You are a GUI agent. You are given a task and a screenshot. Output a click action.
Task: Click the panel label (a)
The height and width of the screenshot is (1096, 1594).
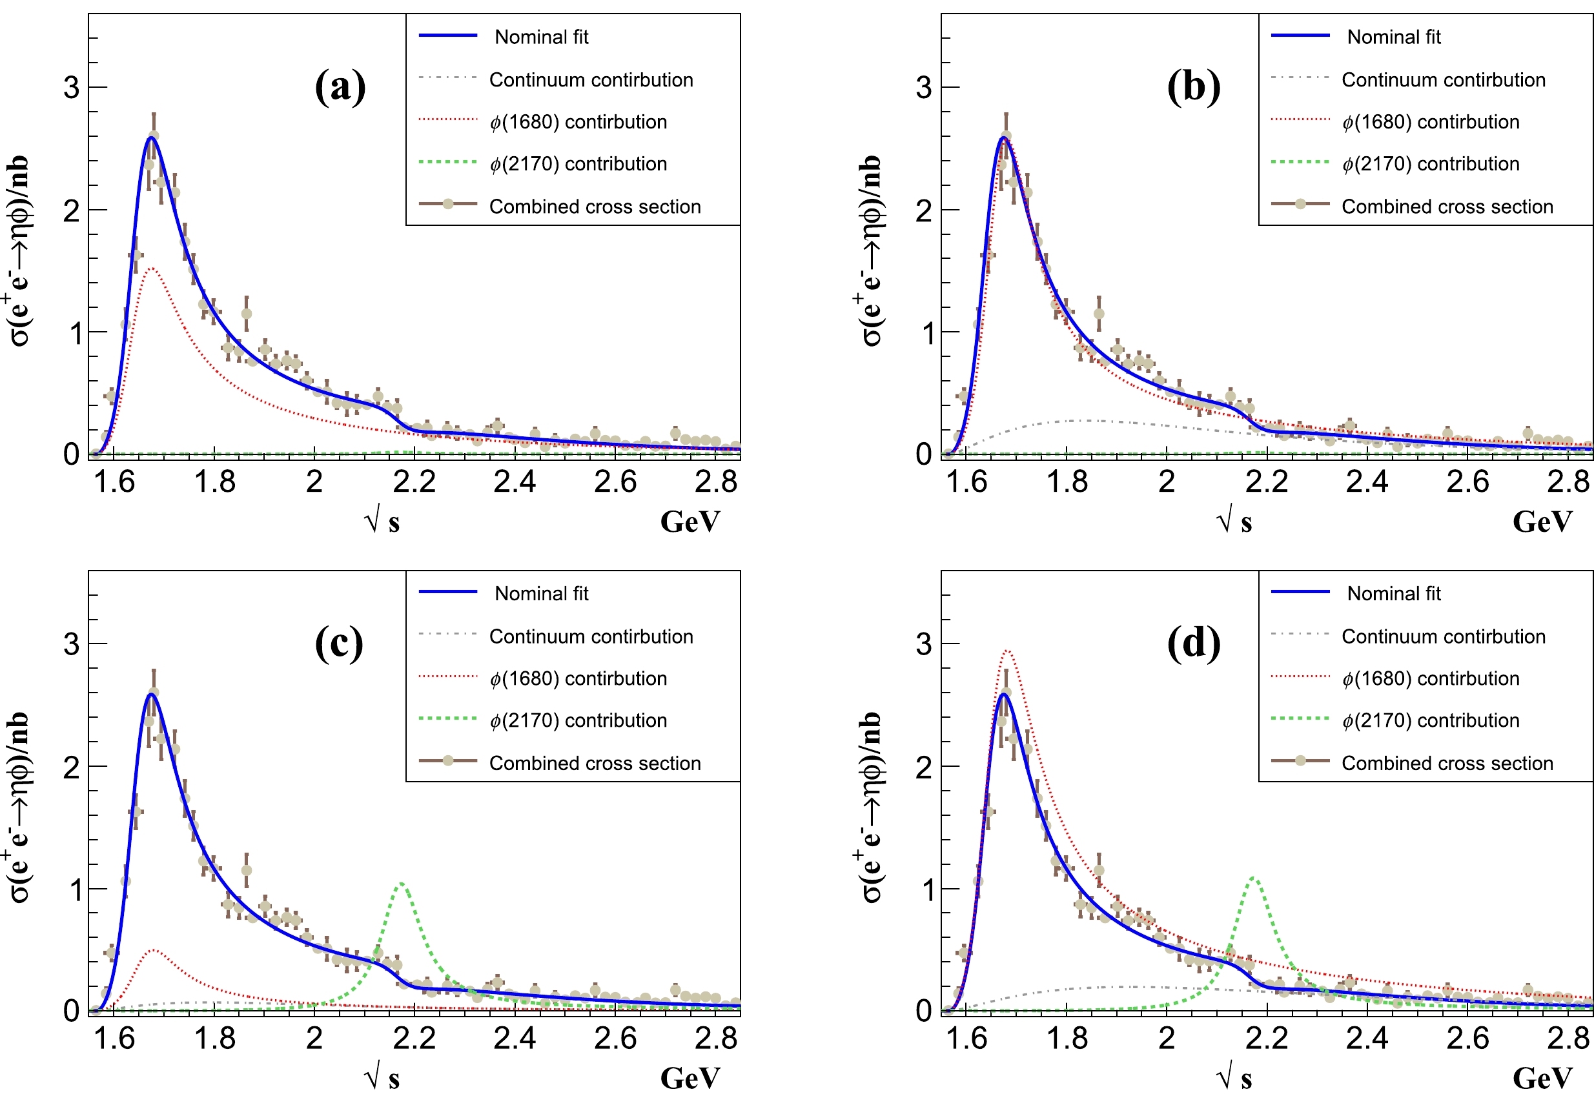pos(340,87)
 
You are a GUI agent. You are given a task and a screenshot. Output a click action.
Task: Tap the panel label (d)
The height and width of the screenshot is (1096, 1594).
pos(1194,644)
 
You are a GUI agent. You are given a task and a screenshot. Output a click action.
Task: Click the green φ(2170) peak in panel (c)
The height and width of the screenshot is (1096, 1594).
pos(400,884)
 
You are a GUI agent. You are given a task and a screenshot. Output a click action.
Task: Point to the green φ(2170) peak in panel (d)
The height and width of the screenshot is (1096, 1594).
pos(1253,878)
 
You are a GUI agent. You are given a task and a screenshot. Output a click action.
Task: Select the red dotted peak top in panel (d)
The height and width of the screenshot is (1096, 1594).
pos(1006,651)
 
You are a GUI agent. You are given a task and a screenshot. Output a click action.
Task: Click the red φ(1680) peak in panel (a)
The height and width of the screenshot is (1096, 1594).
pos(151,269)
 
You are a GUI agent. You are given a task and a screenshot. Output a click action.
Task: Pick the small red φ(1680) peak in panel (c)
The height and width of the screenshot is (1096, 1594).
pos(154,949)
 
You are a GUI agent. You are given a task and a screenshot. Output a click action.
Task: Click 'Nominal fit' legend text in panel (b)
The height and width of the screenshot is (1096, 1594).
pos(1393,37)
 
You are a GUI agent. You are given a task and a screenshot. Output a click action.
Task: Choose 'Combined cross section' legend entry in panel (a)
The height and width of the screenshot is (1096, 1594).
pos(595,207)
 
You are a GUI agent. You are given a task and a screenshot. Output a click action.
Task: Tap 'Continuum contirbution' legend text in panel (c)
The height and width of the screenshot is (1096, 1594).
pos(591,636)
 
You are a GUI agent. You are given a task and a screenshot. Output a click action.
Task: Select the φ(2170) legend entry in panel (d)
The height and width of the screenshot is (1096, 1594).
pos(1431,720)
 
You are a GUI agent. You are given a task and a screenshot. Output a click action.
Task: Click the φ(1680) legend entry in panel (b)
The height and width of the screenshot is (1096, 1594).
pos(1431,122)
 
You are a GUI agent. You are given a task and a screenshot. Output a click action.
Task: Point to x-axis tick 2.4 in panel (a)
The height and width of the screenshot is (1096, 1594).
pos(515,482)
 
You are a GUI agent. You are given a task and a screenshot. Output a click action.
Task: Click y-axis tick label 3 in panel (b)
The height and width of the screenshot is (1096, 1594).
pos(924,88)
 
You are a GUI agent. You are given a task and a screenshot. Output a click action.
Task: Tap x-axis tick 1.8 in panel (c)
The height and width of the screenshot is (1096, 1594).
pos(214,1039)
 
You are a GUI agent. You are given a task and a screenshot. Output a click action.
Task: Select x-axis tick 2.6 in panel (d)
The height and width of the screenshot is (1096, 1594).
pos(1467,1039)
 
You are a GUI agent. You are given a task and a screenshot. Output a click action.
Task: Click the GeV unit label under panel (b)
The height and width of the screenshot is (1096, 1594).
pos(1542,522)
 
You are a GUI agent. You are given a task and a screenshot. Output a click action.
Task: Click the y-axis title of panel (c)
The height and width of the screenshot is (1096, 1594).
pos(19,807)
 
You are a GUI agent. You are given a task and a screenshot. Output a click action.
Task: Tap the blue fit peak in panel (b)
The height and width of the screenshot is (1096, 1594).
pos(1003,138)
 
